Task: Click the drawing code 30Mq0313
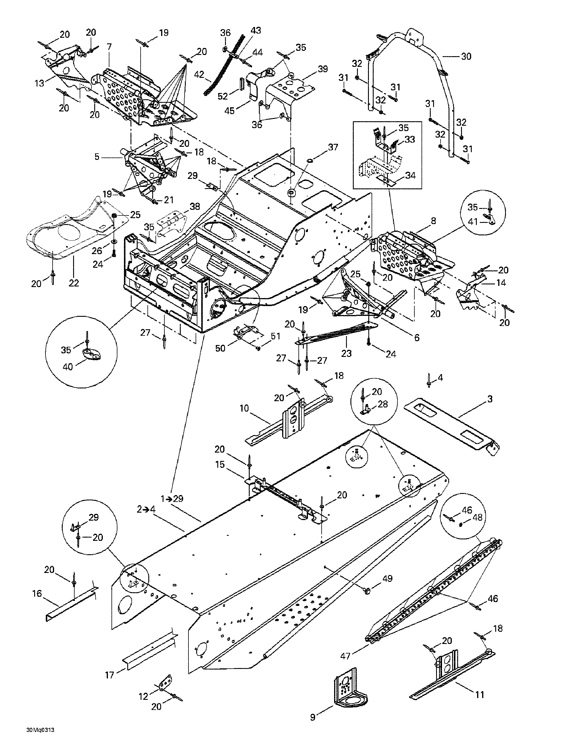(x=40, y=739)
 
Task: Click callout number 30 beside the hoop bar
(x=466, y=56)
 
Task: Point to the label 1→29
(x=172, y=499)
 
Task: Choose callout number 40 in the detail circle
(x=68, y=366)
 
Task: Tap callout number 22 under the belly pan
(x=74, y=283)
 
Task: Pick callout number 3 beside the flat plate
(x=490, y=399)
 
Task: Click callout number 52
(x=223, y=97)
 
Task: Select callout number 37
(x=333, y=147)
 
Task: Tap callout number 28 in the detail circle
(x=383, y=404)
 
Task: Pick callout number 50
(x=220, y=348)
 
